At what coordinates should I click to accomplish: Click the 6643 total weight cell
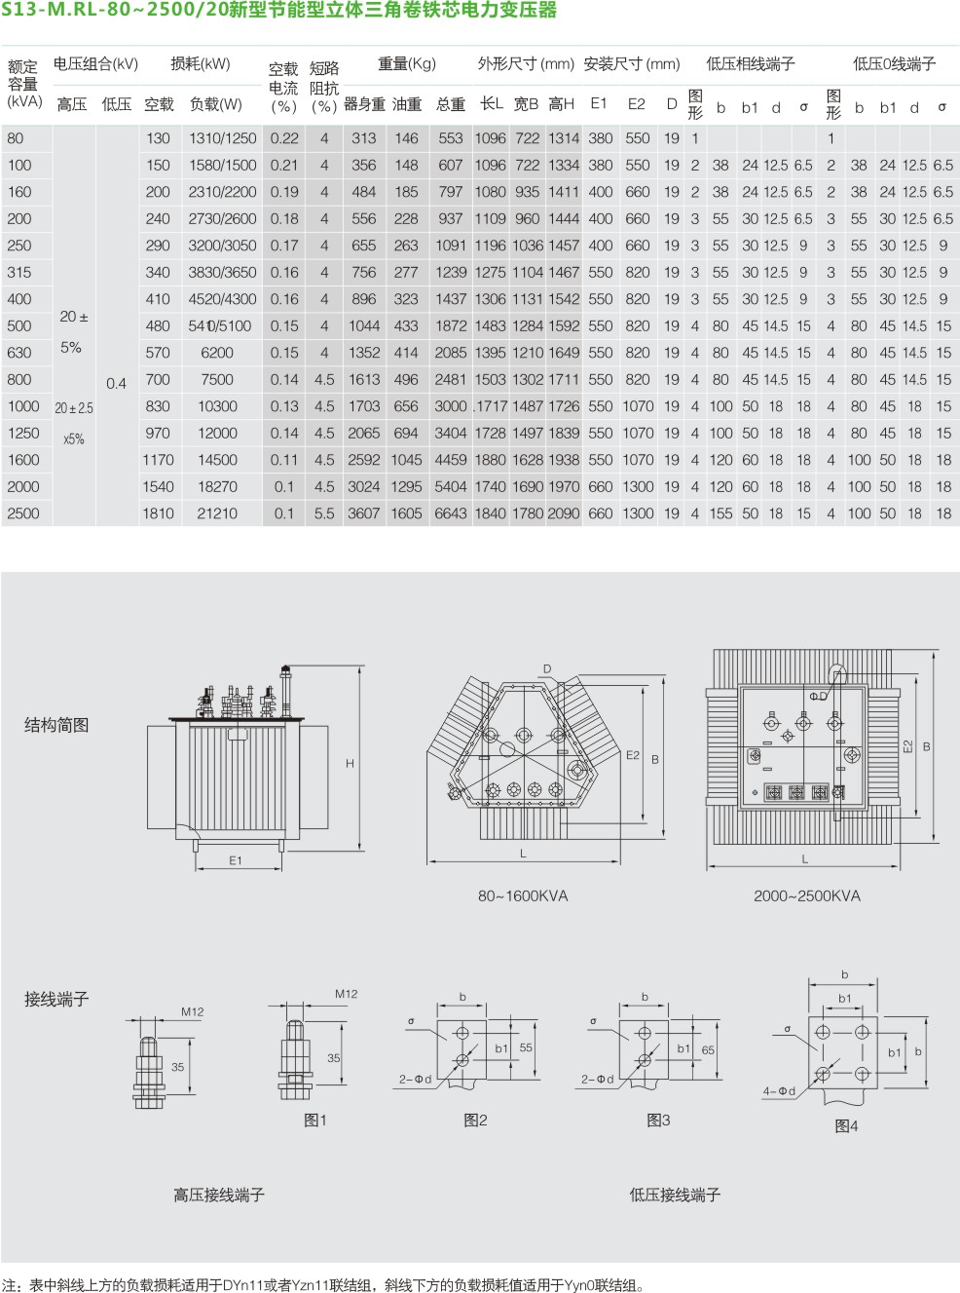click(x=450, y=513)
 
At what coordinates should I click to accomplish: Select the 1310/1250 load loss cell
click(x=222, y=138)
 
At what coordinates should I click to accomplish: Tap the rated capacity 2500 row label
click(x=23, y=513)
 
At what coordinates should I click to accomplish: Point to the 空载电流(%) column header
click(x=283, y=88)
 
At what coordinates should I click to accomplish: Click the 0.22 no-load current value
click(x=283, y=138)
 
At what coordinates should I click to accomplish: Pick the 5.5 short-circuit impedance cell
click(x=324, y=513)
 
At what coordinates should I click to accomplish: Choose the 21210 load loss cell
click(x=217, y=513)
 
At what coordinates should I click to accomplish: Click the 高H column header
click(x=561, y=104)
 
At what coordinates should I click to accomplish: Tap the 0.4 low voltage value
click(x=117, y=384)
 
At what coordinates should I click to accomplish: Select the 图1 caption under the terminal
click(x=315, y=1120)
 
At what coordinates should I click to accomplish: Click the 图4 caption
click(x=846, y=1125)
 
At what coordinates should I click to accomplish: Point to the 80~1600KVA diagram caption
click(x=523, y=895)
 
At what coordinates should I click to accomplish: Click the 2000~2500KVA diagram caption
click(x=807, y=895)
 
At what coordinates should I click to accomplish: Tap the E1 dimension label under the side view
click(x=236, y=859)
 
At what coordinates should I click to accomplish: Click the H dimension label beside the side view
click(x=350, y=763)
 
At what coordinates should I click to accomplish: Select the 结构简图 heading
click(x=56, y=725)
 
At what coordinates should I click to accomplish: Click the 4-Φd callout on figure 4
click(x=779, y=1090)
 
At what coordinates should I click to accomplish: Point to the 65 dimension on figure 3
click(x=708, y=1050)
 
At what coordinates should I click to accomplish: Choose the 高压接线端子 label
click(x=219, y=1195)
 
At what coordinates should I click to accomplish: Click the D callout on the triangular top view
click(x=547, y=668)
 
